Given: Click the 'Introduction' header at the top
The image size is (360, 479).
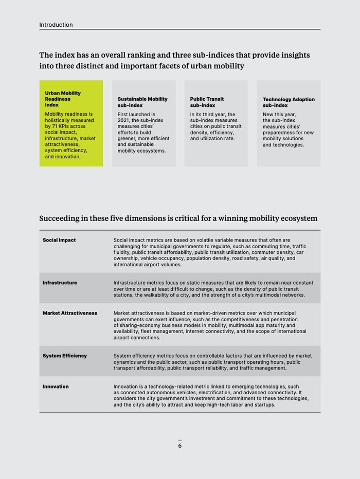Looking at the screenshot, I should [56, 25].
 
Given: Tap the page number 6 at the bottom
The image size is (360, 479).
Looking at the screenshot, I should [180, 446].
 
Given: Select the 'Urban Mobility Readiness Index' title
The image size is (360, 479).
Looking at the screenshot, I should [63, 99].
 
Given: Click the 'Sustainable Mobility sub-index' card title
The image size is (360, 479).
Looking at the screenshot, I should [142, 102].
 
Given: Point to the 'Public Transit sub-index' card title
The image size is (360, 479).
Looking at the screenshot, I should [207, 102].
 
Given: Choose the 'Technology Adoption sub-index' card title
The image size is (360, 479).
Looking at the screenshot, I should [289, 102].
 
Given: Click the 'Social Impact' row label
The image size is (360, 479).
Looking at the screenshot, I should [59, 240].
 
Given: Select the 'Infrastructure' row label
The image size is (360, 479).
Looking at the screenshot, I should [60, 283].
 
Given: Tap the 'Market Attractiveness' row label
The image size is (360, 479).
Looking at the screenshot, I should [70, 313].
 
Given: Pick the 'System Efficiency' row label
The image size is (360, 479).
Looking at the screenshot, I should [65, 356].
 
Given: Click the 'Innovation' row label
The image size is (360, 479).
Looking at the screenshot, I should [56, 386].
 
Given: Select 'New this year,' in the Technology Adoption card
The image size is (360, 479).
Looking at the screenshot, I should [279, 114].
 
